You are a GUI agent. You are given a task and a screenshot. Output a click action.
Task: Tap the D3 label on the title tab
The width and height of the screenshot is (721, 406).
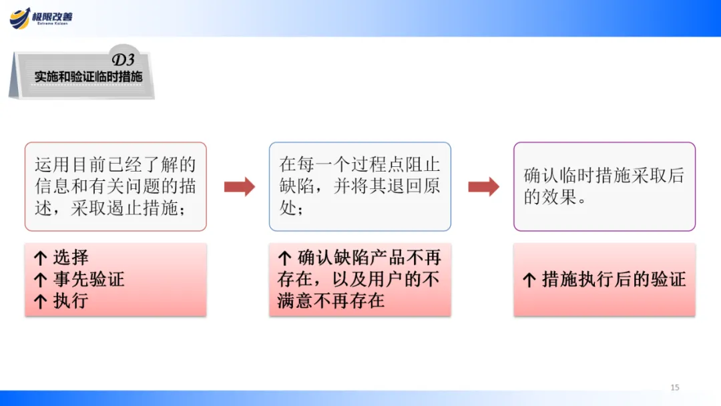tap(123, 60)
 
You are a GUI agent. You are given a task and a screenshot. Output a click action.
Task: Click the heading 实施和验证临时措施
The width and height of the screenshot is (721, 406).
tap(88, 77)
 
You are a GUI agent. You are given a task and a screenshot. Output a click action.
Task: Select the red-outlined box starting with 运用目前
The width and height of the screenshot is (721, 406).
tap(115, 186)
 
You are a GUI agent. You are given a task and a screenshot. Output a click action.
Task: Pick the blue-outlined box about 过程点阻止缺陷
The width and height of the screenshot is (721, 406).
tap(360, 186)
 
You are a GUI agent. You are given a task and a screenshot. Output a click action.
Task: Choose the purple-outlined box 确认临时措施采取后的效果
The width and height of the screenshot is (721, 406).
tap(604, 186)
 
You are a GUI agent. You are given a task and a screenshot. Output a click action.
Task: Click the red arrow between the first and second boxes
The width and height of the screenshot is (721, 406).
tap(239, 187)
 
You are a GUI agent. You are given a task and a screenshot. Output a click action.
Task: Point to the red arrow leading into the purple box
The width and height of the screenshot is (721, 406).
tap(483, 187)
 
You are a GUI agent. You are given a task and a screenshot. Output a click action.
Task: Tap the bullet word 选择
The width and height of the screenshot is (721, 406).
tap(71, 258)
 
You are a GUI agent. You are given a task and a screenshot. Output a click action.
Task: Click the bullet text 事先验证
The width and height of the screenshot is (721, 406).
tap(88, 279)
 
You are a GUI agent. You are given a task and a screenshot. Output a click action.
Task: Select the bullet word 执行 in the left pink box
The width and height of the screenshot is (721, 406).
tap(71, 300)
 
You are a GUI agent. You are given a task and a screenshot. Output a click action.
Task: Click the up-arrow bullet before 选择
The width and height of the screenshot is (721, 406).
tap(41, 258)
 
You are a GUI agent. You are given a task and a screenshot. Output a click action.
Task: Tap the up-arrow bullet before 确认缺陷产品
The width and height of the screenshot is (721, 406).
tap(285, 258)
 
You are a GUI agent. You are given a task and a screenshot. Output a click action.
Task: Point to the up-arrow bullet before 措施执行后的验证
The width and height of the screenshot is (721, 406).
tap(529, 280)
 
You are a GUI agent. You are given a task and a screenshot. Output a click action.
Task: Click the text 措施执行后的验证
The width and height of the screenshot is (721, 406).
tap(614, 279)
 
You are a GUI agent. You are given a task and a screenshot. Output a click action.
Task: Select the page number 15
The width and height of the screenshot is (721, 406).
tap(674, 387)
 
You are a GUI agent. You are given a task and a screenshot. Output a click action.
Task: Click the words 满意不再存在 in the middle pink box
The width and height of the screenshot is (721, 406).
tap(331, 300)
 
